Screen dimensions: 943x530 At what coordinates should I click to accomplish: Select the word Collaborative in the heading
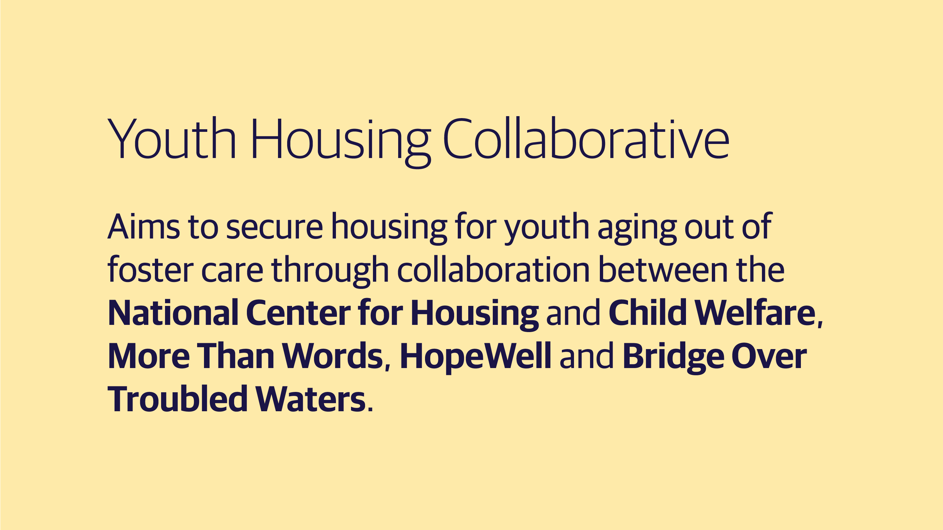pyautogui.click(x=586, y=139)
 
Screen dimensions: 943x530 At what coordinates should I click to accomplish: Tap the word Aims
pyautogui.click(x=143, y=226)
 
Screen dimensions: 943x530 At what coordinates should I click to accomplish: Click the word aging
pyautogui.click(x=637, y=229)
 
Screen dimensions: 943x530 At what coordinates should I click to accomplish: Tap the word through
pyautogui.click(x=330, y=271)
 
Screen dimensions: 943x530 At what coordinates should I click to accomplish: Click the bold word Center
pyautogui.click(x=298, y=313)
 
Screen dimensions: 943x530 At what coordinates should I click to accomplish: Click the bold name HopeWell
pyautogui.click(x=475, y=356)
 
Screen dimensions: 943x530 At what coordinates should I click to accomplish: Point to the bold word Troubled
pyautogui.click(x=177, y=398)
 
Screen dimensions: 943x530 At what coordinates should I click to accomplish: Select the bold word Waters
pyautogui.click(x=310, y=398)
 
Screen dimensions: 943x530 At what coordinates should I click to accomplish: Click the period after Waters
pyautogui.click(x=370, y=409)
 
